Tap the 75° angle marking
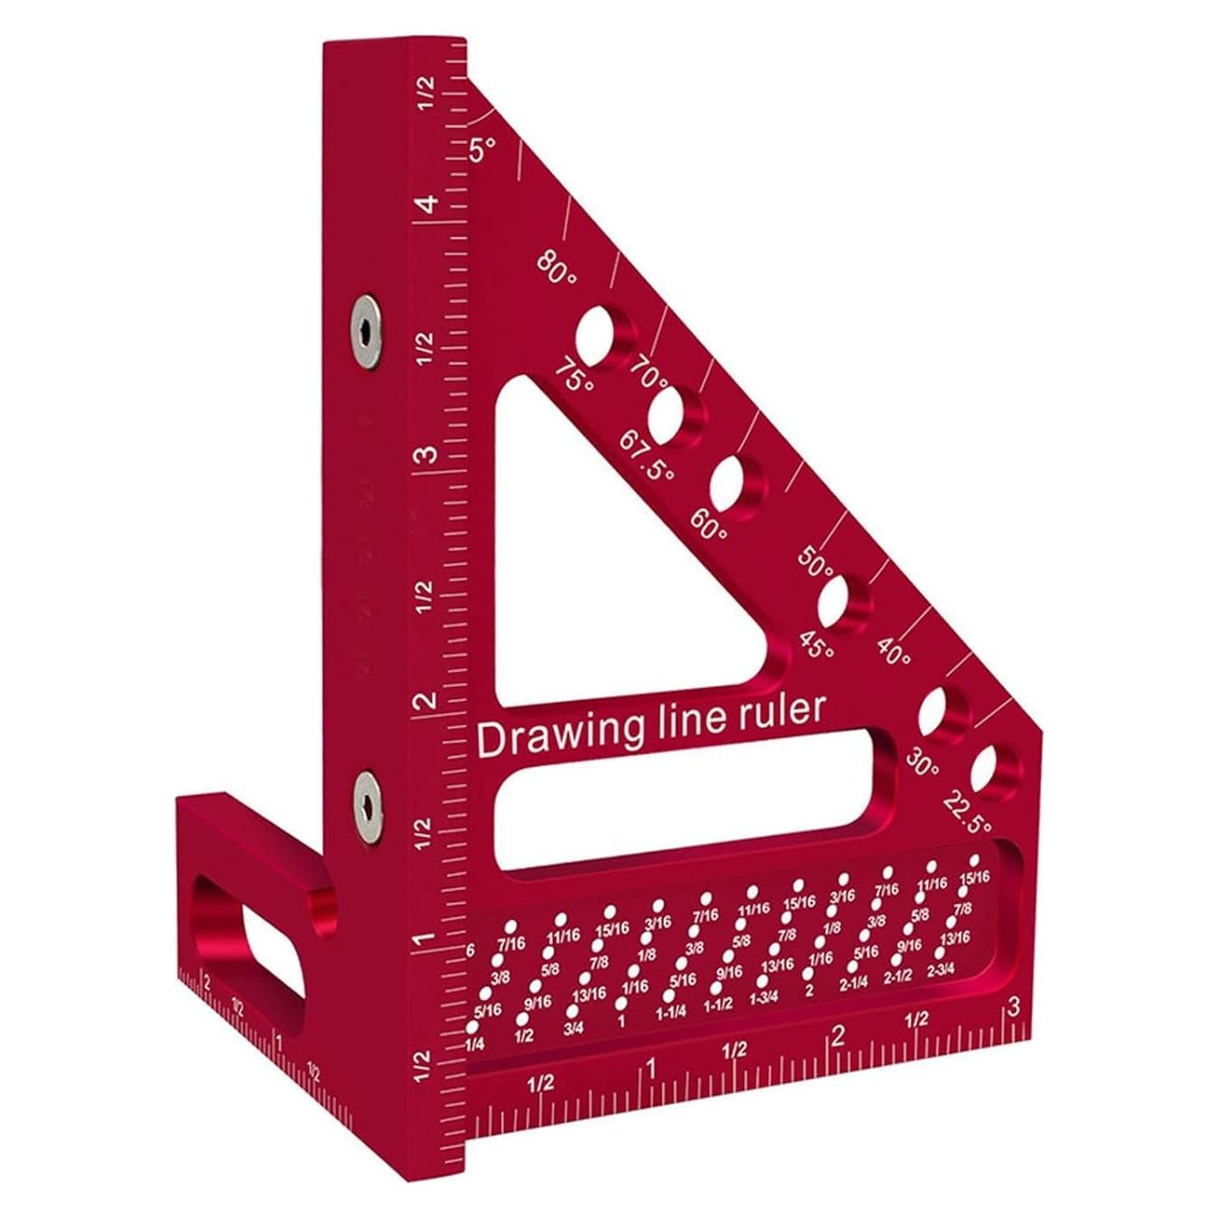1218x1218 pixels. click(x=575, y=376)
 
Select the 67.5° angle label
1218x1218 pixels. click(x=647, y=456)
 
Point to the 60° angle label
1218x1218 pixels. click(x=708, y=524)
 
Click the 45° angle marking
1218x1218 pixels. click(x=816, y=645)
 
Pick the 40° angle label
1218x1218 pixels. click(x=894, y=651)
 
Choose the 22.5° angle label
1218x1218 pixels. click(x=967, y=811)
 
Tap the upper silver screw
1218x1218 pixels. click(x=366, y=331)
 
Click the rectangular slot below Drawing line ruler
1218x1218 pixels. click(x=688, y=797)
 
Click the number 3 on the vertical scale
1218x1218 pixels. click(x=427, y=454)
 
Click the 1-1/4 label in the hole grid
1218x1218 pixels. click(x=670, y=1012)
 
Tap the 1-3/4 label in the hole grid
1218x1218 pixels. click(x=763, y=997)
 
